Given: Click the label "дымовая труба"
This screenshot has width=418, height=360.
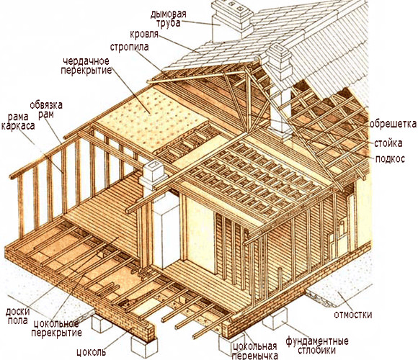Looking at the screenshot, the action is point(168,19).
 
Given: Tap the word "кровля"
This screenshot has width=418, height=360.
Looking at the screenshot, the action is point(144,35).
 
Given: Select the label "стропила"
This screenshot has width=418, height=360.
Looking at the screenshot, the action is point(129,47).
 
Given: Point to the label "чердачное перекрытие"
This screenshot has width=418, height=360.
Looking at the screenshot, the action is point(86,66).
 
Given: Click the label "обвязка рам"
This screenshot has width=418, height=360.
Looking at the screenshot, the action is point(46,109).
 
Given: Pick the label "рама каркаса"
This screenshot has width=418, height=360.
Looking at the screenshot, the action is point(18,122).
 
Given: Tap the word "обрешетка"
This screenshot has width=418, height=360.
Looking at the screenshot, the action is point(393,124).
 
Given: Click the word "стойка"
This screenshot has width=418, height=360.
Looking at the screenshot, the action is point(388,143).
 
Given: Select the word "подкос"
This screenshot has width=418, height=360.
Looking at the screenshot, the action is point(390,159).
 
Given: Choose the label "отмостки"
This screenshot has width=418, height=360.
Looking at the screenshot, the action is point(353,315).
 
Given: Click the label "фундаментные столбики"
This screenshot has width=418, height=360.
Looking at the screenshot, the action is point(317,346).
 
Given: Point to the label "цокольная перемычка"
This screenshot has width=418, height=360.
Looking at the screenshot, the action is point(254,351).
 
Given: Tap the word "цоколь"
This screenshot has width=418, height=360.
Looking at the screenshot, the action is point(92,352).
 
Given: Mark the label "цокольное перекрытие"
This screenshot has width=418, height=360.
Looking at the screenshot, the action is point(56,328).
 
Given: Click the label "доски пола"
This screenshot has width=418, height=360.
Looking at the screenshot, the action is point(17,316).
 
